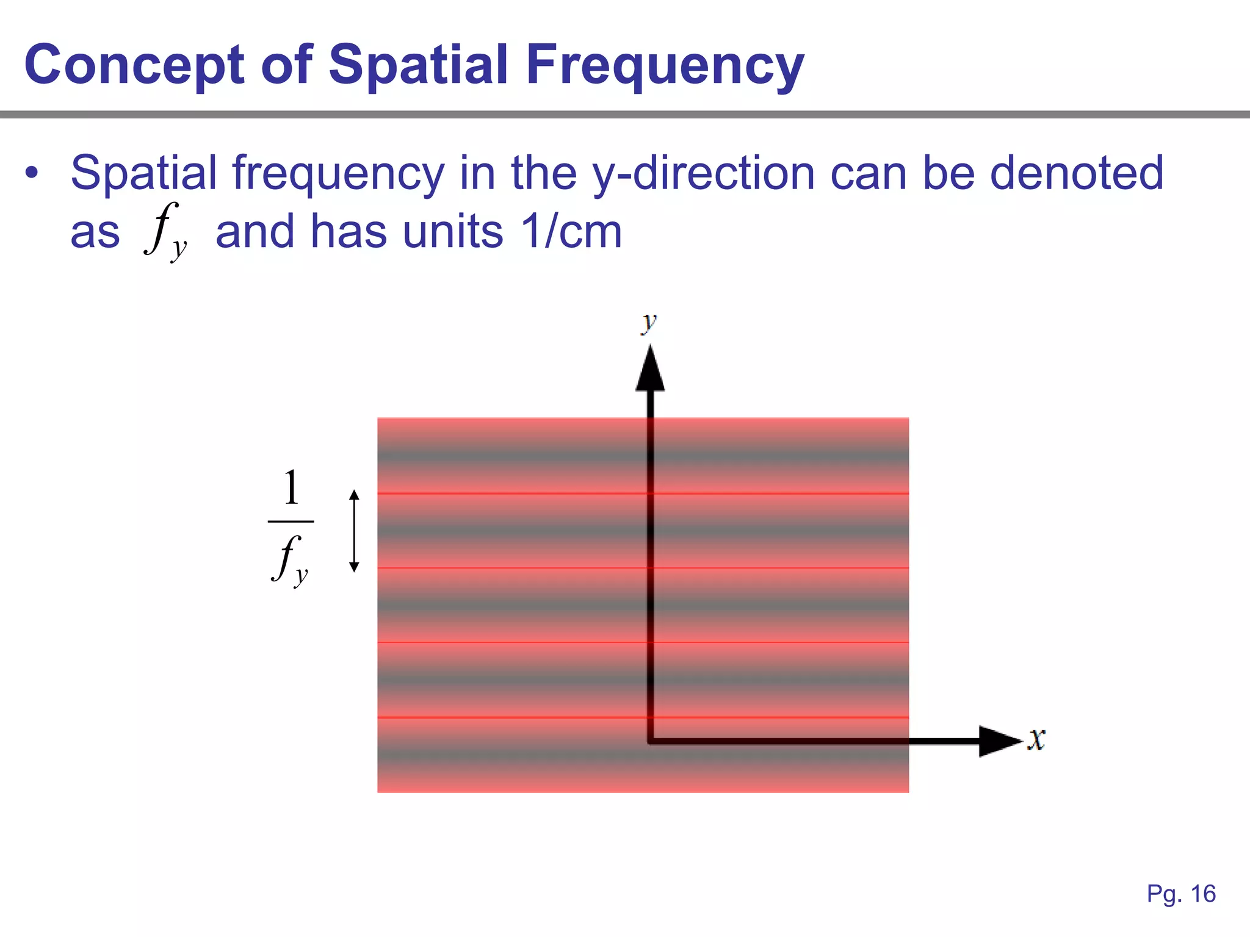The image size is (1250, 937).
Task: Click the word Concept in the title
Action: point(133,65)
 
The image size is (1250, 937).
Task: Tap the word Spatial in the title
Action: point(418,65)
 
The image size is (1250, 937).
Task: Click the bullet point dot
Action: point(31,173)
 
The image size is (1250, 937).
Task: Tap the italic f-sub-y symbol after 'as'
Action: point(165,232)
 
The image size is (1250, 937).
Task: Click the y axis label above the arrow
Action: point(649,321)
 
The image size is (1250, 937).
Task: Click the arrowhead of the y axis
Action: point(650,369)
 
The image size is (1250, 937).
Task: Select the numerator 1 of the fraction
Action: point(292,488)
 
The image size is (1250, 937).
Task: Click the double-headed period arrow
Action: point(354,531)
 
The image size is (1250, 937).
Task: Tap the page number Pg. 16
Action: point(1181,894)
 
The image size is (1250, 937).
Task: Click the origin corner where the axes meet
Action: point(651,741)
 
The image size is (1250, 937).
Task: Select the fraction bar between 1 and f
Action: point(291,522)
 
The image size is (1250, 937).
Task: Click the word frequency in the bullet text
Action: point(338,173)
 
